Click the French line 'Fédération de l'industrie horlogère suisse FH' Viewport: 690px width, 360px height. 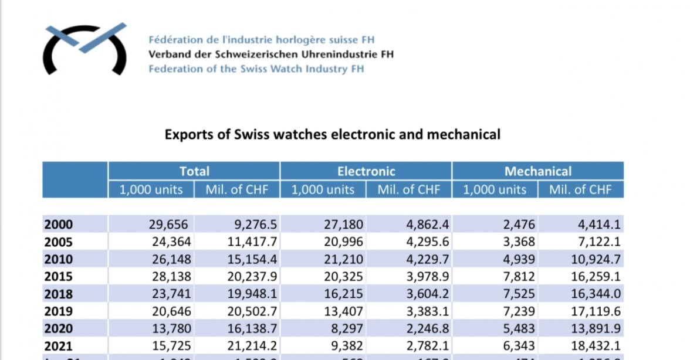(261, 40)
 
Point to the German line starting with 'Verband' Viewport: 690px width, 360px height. (270, 55)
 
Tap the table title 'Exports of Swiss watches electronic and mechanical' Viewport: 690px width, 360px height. (332, 134)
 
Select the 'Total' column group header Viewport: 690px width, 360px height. (194, 171)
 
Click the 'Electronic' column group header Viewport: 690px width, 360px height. (366, 171)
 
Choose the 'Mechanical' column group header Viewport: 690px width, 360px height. (537, 171)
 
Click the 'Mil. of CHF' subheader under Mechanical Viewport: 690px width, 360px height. (580, 189)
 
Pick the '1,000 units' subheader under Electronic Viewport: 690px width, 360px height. (323, 189)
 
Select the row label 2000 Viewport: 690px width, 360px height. (59, 224)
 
